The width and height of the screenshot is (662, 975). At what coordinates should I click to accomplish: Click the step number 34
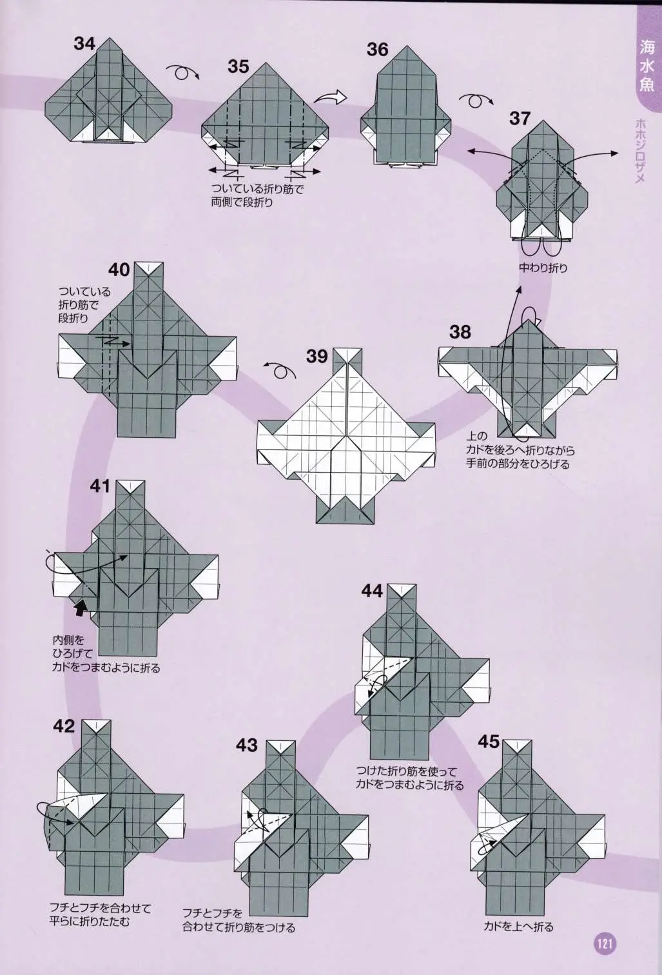[x=84, y=44]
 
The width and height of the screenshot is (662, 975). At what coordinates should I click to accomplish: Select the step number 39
[x=316, y=357]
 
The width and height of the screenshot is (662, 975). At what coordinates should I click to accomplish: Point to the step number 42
[x=64, y=726]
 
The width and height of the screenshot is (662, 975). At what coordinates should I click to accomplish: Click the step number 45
[x=489, y=742]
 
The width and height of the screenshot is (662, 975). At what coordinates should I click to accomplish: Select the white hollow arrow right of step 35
[x=329, y=99]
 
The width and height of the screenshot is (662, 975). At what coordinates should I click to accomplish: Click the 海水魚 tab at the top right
[x=647, y=66]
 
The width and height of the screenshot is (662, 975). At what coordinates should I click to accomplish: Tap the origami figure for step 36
[x=405, y=106]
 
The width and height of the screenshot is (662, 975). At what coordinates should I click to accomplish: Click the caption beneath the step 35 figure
[x=257, y=195]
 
